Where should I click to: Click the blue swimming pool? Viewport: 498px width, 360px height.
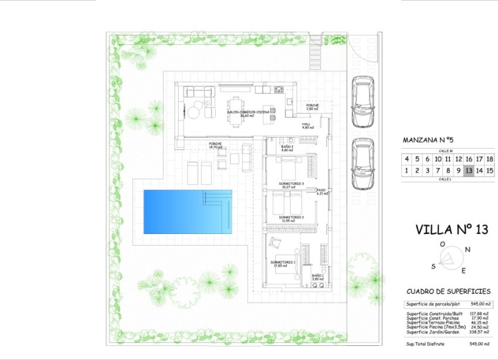(x=187, y=211)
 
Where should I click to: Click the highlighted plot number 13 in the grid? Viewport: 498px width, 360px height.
(x=468, y=171)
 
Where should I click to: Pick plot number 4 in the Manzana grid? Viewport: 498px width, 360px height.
(x=407, y=159)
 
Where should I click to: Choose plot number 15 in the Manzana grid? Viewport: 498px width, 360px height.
(x=490, y=171)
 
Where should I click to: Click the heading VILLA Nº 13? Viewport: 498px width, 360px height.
(x=451, y=229)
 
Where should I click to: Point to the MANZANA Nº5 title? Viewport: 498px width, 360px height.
(x=428, y=140)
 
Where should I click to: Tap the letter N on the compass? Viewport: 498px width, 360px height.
(x=468, y=249)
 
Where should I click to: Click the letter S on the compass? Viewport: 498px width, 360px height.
(x=434, y=266)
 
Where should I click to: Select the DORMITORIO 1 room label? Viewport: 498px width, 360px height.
(x=283, y=262)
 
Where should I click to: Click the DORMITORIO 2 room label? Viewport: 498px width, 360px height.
(x=291, y=218)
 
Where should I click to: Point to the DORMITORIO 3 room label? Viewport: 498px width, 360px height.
(x=291, y=184)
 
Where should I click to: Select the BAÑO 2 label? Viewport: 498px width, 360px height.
(x=287, y=147)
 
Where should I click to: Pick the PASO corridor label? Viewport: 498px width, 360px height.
(x=321, y=190)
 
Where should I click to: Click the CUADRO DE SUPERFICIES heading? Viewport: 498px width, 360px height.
(x=448, y=291)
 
